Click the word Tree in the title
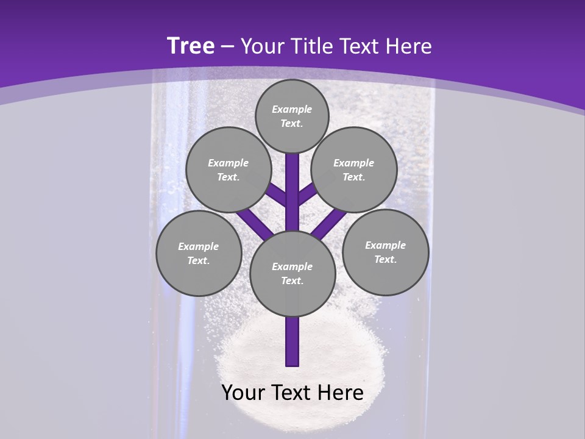point(191,46)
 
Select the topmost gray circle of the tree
point(292,116)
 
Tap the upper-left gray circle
point(228,170)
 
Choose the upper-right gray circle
point(354,170)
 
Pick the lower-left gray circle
point(199,253)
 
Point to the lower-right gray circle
point(386,252)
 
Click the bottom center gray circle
point(292,273)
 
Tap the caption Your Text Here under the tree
point(292,393)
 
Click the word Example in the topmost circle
point(292,109)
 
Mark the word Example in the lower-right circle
point(385,245)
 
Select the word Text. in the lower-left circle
point(199,260)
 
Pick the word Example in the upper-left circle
point(228,163)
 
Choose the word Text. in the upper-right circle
point(354,177)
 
